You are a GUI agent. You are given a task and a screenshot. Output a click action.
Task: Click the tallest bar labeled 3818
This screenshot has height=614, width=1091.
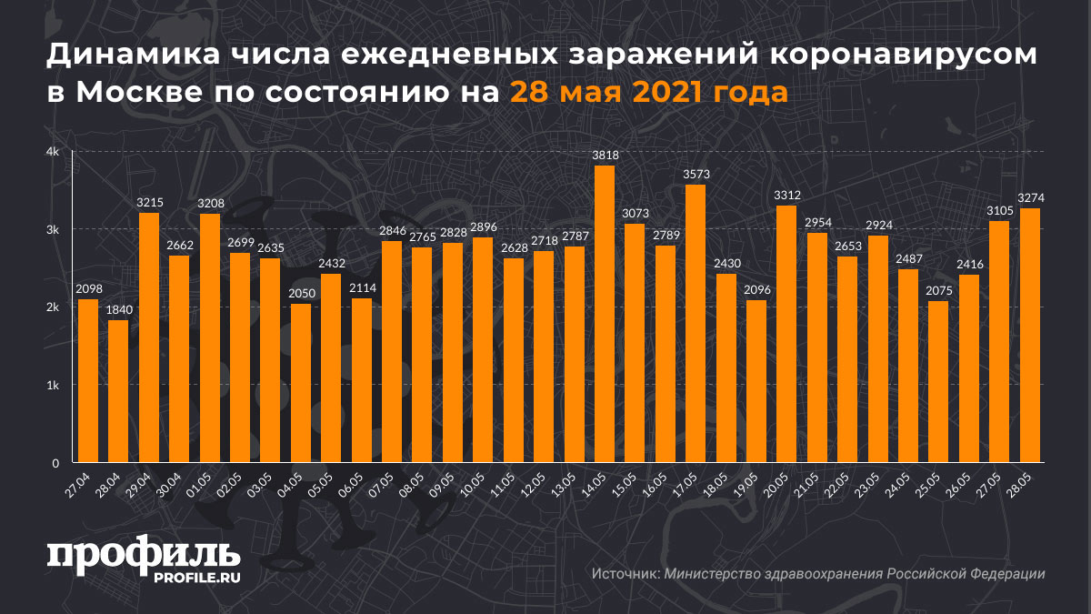pyautogui.click(x=605, y=314)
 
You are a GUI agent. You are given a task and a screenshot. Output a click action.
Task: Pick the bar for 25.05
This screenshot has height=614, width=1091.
pyautogui.click(x=938, y=382)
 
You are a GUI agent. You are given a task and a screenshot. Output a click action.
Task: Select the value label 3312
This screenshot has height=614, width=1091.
pyautogui.click(x=786, y=196)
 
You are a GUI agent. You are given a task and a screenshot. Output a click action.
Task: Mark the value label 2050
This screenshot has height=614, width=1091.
pyautogui.click(x=301, y=294)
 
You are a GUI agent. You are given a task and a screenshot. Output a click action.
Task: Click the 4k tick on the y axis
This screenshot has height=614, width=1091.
pyautogui.click(x=54, y=152)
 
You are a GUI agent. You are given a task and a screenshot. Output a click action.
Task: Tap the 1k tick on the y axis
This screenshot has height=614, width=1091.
pyautogui.click(x=54, y=386)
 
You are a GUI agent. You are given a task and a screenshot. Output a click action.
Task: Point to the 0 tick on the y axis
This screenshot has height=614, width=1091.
pyautogui.click(x=55, y=463)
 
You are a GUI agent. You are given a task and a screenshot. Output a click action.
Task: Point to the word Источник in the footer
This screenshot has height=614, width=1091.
pyautogui.click(x=625, y=574)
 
